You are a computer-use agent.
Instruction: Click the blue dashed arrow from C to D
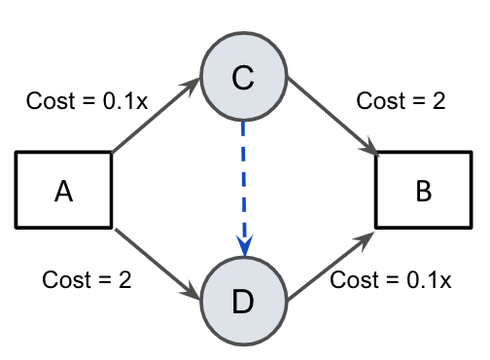[243, 185]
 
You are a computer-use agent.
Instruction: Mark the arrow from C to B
[331, 117]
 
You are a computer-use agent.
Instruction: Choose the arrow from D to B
[331, 265]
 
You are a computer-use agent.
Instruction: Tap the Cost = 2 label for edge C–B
[401, 100]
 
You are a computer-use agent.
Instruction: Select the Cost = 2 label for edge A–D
[87, 280]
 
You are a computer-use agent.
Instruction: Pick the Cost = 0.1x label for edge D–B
[391, 280]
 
